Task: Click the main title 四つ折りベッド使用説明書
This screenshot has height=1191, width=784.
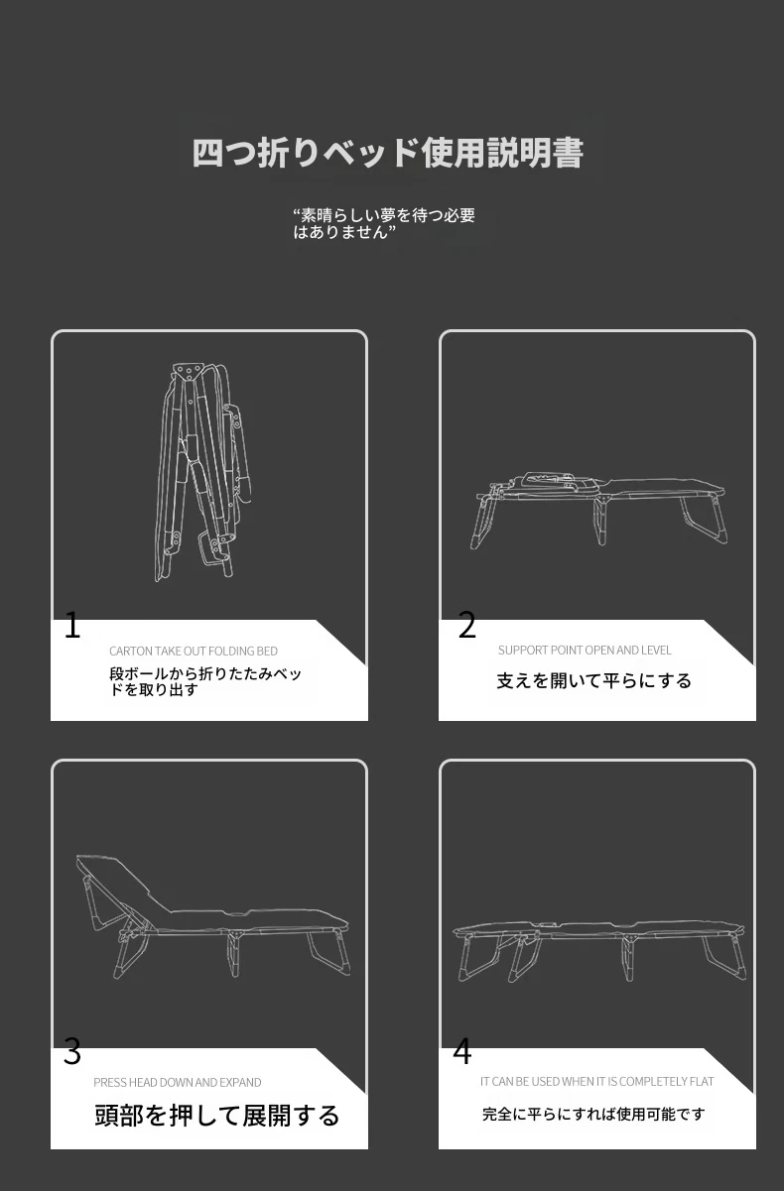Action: coord(387,153)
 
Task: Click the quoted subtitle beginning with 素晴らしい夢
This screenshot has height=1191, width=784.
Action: coord(384,223)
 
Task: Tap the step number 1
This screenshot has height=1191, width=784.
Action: coord(72,625)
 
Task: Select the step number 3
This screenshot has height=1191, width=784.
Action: coord(72,1052)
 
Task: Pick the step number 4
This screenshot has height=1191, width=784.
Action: coord(462,1051)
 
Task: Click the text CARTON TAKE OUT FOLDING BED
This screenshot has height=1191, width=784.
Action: coord(194,651)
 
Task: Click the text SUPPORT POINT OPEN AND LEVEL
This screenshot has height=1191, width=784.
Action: coord(585,650)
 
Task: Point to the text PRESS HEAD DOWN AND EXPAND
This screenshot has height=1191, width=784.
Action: coord(178,1083)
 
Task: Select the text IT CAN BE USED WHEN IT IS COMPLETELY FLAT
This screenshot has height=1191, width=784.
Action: coord(596,1082)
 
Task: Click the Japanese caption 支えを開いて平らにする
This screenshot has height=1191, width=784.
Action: coord(593,680)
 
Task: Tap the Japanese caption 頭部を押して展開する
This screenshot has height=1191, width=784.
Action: coord(216,1116)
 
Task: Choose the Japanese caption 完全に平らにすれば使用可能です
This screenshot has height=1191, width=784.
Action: coord(593,1114)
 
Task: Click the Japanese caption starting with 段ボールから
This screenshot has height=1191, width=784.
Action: coord(204,681)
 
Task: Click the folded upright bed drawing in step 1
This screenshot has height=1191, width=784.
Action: coord(202,472)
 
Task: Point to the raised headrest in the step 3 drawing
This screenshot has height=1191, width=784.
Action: coord(122,882)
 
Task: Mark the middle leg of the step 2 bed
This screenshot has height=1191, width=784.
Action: coord(599,522)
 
